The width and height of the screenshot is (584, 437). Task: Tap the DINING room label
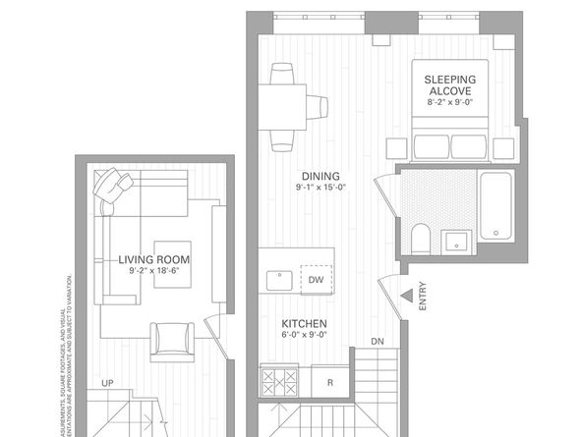pos(321,177)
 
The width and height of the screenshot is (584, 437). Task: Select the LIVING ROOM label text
pos(154,259)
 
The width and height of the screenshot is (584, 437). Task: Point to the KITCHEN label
pos(304,324)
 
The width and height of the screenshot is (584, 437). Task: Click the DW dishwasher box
pos(315,278)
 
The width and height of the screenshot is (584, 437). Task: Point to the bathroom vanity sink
pos(455,242)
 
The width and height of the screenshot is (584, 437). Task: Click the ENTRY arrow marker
pos(405,296)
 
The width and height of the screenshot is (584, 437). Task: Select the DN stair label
pos(378,342)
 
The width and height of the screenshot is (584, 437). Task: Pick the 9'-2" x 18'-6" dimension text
pos(154,272)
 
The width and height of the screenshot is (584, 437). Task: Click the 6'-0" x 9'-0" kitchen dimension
pos(304,337)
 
